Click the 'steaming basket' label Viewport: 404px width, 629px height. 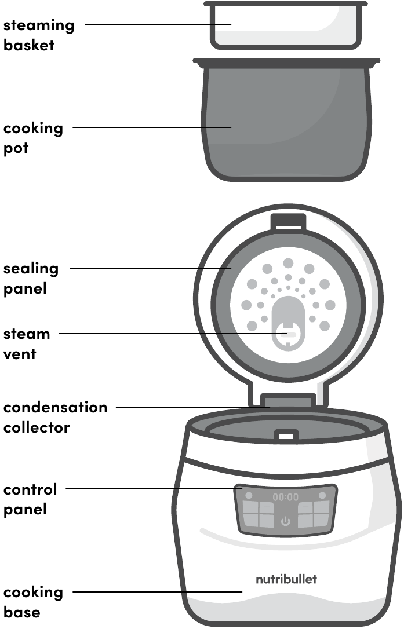click(39, 35)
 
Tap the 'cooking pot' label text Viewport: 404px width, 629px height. click(34, 138)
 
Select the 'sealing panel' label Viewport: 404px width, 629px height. click(31, 279)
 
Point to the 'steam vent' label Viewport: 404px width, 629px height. click(27, 344)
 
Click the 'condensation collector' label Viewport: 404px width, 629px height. click(56, 417)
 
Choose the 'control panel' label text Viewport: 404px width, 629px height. click(30, 499)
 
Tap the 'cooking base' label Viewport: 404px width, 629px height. click(34, 602)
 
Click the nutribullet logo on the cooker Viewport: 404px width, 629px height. click(286, 579)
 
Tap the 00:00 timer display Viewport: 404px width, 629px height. click(286, 498)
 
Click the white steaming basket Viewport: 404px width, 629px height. click(286, 25)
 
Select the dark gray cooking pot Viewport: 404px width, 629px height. click(286, 119)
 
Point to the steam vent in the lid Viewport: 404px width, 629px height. click(288, 324)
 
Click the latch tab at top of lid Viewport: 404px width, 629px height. click(288, 222)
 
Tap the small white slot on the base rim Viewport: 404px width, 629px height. click(286, 436)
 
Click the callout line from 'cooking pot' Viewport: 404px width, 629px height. click(152, 127)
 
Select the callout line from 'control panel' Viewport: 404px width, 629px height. click(154, 489)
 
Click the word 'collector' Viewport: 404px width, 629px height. click(37, 427)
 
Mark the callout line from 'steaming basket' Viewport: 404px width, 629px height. click(158, 25)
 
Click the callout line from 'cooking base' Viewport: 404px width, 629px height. click(158, 592)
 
